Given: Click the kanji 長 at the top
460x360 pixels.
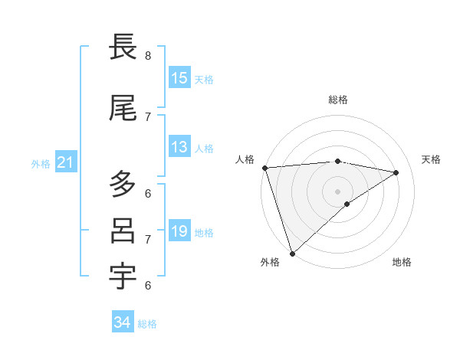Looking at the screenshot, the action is tap(123, 47).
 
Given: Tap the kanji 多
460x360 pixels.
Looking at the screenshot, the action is tap(123, 185).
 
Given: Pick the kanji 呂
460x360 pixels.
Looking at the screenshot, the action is tap(123, 231).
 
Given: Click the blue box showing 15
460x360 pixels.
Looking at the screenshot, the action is tap(179, 78).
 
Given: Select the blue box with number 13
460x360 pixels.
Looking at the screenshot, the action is tap(179, 147).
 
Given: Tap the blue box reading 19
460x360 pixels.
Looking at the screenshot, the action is tap(179, 231).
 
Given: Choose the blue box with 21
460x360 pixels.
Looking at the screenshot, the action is tap(65, 162).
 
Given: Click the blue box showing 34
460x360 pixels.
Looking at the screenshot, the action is tap(122, 322).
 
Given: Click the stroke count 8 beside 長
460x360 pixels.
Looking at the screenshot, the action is tap(148, 55).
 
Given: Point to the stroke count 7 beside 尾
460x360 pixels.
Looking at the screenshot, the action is tap(148, 117).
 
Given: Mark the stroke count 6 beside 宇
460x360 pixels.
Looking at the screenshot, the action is tap(148, 286).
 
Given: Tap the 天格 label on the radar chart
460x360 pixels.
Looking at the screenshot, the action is tap(432, 159).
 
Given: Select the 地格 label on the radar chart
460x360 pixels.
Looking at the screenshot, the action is tap(402, 263).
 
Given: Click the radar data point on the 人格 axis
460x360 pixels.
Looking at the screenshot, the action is tap(264, 168).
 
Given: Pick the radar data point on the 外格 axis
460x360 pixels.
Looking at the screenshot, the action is tap(292, 253).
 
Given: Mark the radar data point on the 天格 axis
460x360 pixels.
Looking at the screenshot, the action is tap(396, 172).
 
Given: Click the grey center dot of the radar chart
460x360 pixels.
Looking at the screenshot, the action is tap(337, 191).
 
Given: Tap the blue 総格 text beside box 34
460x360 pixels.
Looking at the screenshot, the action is tap(148, 324).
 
